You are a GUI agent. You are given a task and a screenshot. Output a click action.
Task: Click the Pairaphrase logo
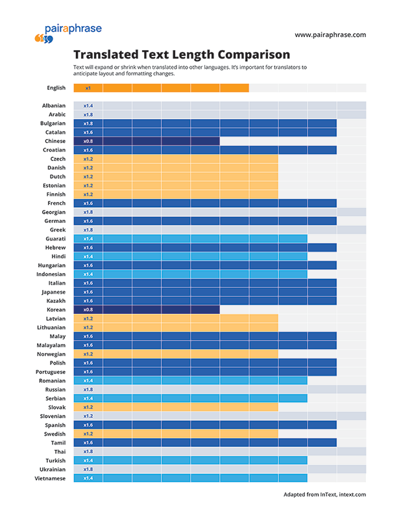coord(67,32)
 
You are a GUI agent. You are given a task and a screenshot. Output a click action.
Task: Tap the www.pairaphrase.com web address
coord(330,35)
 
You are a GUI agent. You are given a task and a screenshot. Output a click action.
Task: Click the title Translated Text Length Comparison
coord(181,55)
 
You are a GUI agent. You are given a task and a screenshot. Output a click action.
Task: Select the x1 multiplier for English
coord(88,88)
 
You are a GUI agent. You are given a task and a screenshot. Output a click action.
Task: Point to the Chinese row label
coord(55,141)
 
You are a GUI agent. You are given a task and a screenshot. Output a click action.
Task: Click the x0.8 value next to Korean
coord(88,310)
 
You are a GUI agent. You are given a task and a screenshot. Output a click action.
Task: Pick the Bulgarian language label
coord(53,123)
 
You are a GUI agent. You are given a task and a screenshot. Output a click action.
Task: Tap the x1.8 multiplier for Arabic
coord(88,114)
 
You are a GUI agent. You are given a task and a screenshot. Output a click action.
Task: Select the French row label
coord(56,203)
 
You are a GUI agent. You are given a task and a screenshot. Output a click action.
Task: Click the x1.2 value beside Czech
coord(88,159)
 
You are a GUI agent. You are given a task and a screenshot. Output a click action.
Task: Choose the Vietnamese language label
coord(50,478)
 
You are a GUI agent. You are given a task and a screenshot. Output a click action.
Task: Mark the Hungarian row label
coord(52,265)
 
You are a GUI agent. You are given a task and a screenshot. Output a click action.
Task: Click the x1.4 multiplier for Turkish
coord(88,461)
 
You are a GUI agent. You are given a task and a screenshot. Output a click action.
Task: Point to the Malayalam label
coord(51,345)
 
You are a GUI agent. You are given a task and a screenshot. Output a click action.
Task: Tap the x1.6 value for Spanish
coord(88,425)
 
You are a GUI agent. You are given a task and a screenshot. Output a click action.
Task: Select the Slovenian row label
coord(53,416)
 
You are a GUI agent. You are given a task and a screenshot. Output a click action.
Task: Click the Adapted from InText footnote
coord(324,495)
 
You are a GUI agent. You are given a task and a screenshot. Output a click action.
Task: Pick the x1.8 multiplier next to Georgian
coord(88,212)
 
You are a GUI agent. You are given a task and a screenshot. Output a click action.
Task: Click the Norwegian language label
coord(51,354)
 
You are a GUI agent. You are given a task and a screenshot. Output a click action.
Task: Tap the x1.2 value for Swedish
coord(88,434)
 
